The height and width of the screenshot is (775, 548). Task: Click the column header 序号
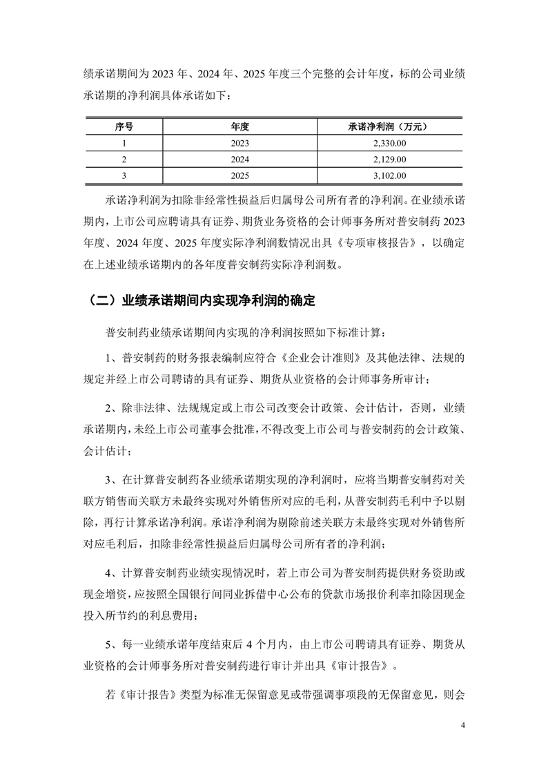point(124,126)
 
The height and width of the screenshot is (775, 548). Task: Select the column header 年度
point(239,126)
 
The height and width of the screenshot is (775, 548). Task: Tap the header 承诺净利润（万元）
point(389,126)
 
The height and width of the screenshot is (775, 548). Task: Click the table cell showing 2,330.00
point(389,143)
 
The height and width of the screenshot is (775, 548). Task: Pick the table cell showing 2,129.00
point(389,160)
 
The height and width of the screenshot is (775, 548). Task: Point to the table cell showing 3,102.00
point(389,176)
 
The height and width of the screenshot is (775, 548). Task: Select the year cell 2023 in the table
point(239,143)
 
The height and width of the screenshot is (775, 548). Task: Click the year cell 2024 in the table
point(239,160)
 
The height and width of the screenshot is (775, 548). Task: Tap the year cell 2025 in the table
point(239,176)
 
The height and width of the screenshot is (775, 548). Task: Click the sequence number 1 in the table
point(124,143)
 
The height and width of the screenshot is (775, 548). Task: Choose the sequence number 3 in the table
point(124,176)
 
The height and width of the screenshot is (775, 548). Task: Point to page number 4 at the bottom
point(463,726)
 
